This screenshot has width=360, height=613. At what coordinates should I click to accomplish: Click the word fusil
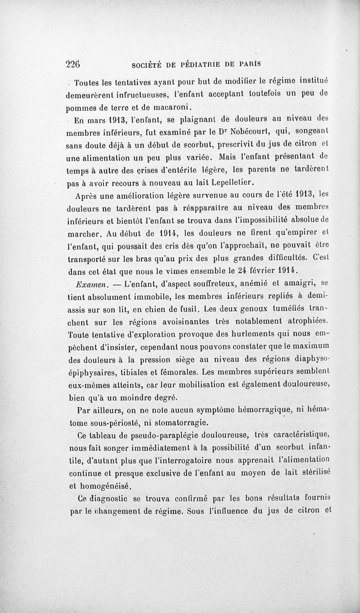[x=187, y=309]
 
